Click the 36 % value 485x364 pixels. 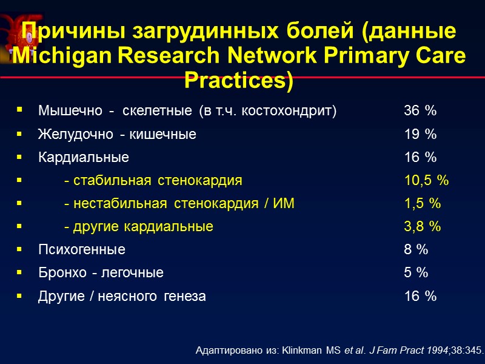point(420,111)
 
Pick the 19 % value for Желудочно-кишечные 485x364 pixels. point(420,135)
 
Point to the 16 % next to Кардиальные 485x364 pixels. point(420,158)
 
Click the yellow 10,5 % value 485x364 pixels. point(426,181)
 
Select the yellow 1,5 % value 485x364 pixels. point(423,204)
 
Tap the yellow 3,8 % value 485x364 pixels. point(423,227)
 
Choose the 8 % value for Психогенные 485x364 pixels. point(416,250)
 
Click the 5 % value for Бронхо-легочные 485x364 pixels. point(416,273)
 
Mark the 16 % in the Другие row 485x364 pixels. point(420,297)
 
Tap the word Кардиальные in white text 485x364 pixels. point(84,158)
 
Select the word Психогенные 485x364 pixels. point(82,250)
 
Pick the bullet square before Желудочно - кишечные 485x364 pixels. point(21,134)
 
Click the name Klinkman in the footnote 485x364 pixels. point(299,350)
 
